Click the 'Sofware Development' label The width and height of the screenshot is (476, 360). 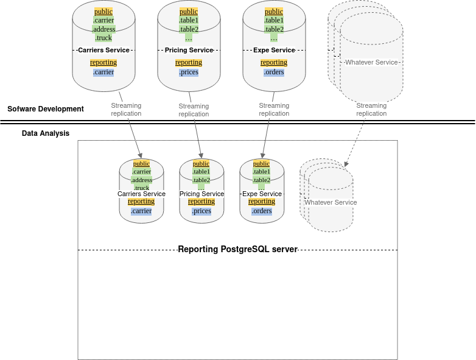[x=46, y=109]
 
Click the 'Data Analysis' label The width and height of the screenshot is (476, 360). [x=46, y=133]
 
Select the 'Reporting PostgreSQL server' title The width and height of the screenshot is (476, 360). [x=237, y=249]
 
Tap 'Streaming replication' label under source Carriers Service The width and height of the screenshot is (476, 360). [x=126, y=110]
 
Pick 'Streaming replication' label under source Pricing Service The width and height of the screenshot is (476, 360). [x=194, y=110]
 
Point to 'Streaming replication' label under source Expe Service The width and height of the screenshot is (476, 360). [x=274, y=110]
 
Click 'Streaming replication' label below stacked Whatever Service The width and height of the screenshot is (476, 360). [x=371, y=110]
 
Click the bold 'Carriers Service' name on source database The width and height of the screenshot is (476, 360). [x=103, y=50]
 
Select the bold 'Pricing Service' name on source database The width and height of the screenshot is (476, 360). [x=189, y=50]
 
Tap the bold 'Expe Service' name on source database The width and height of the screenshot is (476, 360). [x=274, y=50]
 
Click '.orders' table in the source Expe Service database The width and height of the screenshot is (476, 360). [x=274, y=72]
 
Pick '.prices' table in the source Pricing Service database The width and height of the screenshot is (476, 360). [x=189, y=72]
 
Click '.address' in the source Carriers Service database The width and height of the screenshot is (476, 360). [x=103, y=29]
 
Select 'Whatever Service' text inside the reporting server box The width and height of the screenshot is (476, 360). [x=331, y=202]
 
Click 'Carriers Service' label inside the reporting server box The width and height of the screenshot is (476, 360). [x=141, y=194]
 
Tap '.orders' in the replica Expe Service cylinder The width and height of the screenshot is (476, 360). [x=262, y=211]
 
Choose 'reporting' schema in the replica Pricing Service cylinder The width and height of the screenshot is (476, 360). [x=201, y=201]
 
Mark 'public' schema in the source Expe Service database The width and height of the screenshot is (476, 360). [x=274, y=12]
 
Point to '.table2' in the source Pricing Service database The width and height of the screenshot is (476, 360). [x=189, y=29]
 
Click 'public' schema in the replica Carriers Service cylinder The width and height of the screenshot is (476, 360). [x=141, y=163]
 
